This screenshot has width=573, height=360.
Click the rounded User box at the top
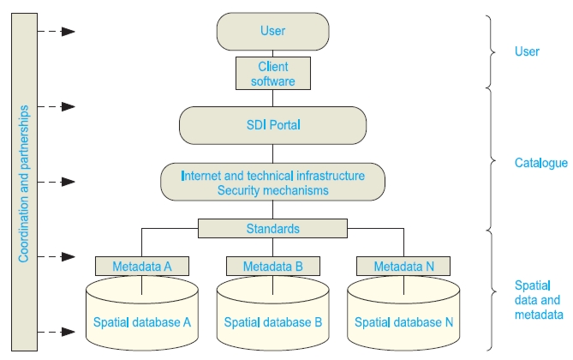(272, 32)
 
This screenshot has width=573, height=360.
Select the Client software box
(272, 73)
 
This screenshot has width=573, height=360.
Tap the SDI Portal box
(272, 125)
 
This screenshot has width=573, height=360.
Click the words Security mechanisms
(272, 190)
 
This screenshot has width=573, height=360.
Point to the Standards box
(272, 229)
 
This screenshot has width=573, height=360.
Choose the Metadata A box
(142, 267)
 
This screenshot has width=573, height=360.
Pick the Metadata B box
(272, 267)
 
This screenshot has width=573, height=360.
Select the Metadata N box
(403, 267)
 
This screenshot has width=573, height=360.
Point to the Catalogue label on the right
(540, 163)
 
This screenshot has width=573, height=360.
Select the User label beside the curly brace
(527, 51)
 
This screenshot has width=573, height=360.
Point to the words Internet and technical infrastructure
(272, 176)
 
